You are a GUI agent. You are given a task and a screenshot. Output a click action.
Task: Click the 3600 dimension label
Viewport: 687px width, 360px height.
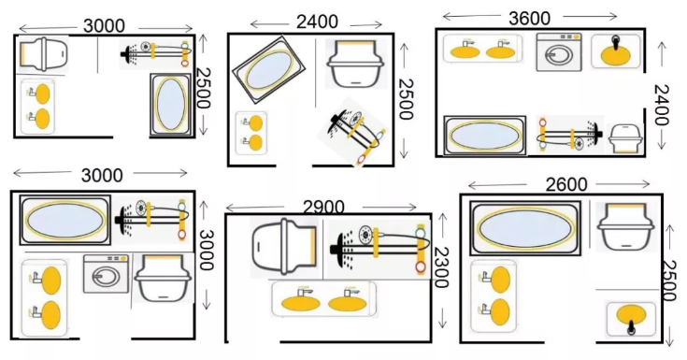point(530,19)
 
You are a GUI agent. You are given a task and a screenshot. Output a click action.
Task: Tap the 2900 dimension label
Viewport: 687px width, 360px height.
point(323,208)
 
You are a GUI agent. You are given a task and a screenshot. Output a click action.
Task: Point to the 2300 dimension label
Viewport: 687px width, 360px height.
point(441,267)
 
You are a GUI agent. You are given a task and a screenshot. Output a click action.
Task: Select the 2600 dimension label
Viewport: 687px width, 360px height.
point(566,184)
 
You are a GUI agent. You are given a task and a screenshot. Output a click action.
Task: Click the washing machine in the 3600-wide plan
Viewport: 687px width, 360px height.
point(560,52)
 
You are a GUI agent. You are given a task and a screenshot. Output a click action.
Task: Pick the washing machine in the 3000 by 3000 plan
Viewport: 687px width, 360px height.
point(106,274)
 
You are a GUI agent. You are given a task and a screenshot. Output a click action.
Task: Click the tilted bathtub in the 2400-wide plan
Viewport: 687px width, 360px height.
point(268,70)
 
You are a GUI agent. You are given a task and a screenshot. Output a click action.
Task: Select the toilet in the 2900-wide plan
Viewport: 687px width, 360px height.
point(284,247)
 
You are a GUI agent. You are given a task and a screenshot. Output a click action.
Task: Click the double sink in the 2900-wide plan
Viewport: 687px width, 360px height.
point(324,299)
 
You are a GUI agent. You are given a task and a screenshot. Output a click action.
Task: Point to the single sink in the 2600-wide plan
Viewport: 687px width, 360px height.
point(631,319)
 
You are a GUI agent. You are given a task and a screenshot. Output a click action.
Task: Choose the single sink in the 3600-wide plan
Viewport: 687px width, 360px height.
point(616,51)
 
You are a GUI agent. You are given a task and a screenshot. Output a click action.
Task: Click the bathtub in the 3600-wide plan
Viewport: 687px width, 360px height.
point(484,136)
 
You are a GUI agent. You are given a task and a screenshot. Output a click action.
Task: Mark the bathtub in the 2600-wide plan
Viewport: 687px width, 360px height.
point(525,228)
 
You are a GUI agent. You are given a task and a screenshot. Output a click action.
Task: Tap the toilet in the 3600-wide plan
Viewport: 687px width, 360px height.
point(626,138)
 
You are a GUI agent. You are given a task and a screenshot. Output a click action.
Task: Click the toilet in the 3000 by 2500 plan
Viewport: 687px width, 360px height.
point(44,54)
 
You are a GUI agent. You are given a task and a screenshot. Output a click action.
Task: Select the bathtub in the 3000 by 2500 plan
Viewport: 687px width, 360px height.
point(171,105)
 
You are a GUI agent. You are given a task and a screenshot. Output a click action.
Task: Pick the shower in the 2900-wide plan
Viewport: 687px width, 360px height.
point(379,249)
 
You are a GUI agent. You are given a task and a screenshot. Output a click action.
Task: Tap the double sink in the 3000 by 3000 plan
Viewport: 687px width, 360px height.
point(45,297)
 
